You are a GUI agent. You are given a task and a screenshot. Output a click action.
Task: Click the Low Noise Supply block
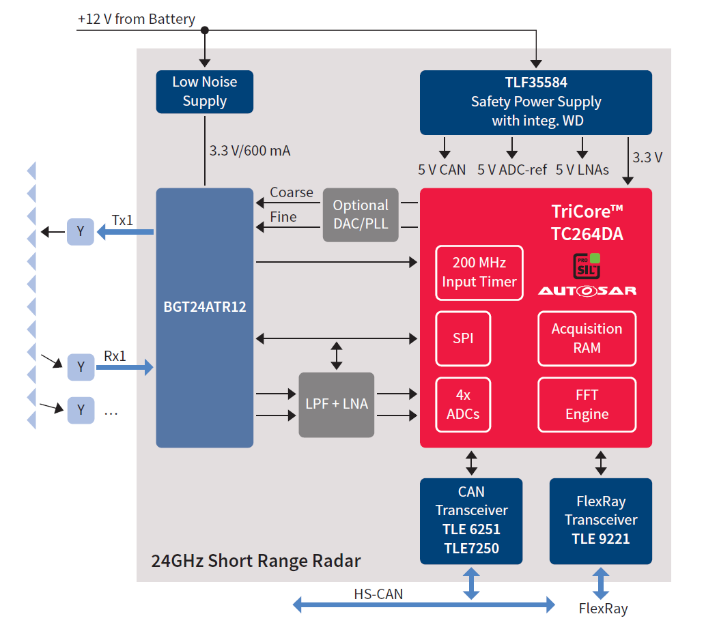click(205, 91)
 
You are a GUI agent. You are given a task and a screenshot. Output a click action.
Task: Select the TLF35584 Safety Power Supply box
click(535, 102)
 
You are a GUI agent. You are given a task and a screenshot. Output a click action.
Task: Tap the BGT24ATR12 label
click(205, 307)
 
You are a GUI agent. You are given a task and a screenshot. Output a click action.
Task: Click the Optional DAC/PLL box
click(360, 215)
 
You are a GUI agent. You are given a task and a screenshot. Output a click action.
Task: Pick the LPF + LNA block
click(336, 404)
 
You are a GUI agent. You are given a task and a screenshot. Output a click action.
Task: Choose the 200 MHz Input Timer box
click(479, 272)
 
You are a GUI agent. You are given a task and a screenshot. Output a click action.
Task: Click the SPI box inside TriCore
click(463, 338)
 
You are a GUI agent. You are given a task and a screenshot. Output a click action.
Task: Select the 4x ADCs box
click(463, 404)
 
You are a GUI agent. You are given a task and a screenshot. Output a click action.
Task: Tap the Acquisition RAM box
click(587, 338)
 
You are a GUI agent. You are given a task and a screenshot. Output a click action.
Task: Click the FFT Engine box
click(587, 404)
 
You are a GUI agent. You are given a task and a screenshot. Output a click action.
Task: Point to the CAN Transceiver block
click(471, 521)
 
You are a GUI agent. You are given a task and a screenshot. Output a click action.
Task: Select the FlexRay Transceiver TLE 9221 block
click(601, 521)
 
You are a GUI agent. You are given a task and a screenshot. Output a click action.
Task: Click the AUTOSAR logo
click(587, 291)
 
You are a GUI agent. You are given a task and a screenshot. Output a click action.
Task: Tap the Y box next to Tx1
click(81, 232)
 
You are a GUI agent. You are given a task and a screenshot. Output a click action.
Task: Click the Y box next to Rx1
click(81, 367)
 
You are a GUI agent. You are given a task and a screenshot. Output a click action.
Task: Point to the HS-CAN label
click(378, 594)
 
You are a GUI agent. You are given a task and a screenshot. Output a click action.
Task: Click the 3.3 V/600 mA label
click(250, 151)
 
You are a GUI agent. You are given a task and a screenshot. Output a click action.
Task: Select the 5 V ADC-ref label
click(511, 170)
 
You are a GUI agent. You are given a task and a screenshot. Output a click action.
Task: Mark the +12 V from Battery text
click(137, 19)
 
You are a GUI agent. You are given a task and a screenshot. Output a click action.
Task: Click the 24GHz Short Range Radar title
click(255, 561)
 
